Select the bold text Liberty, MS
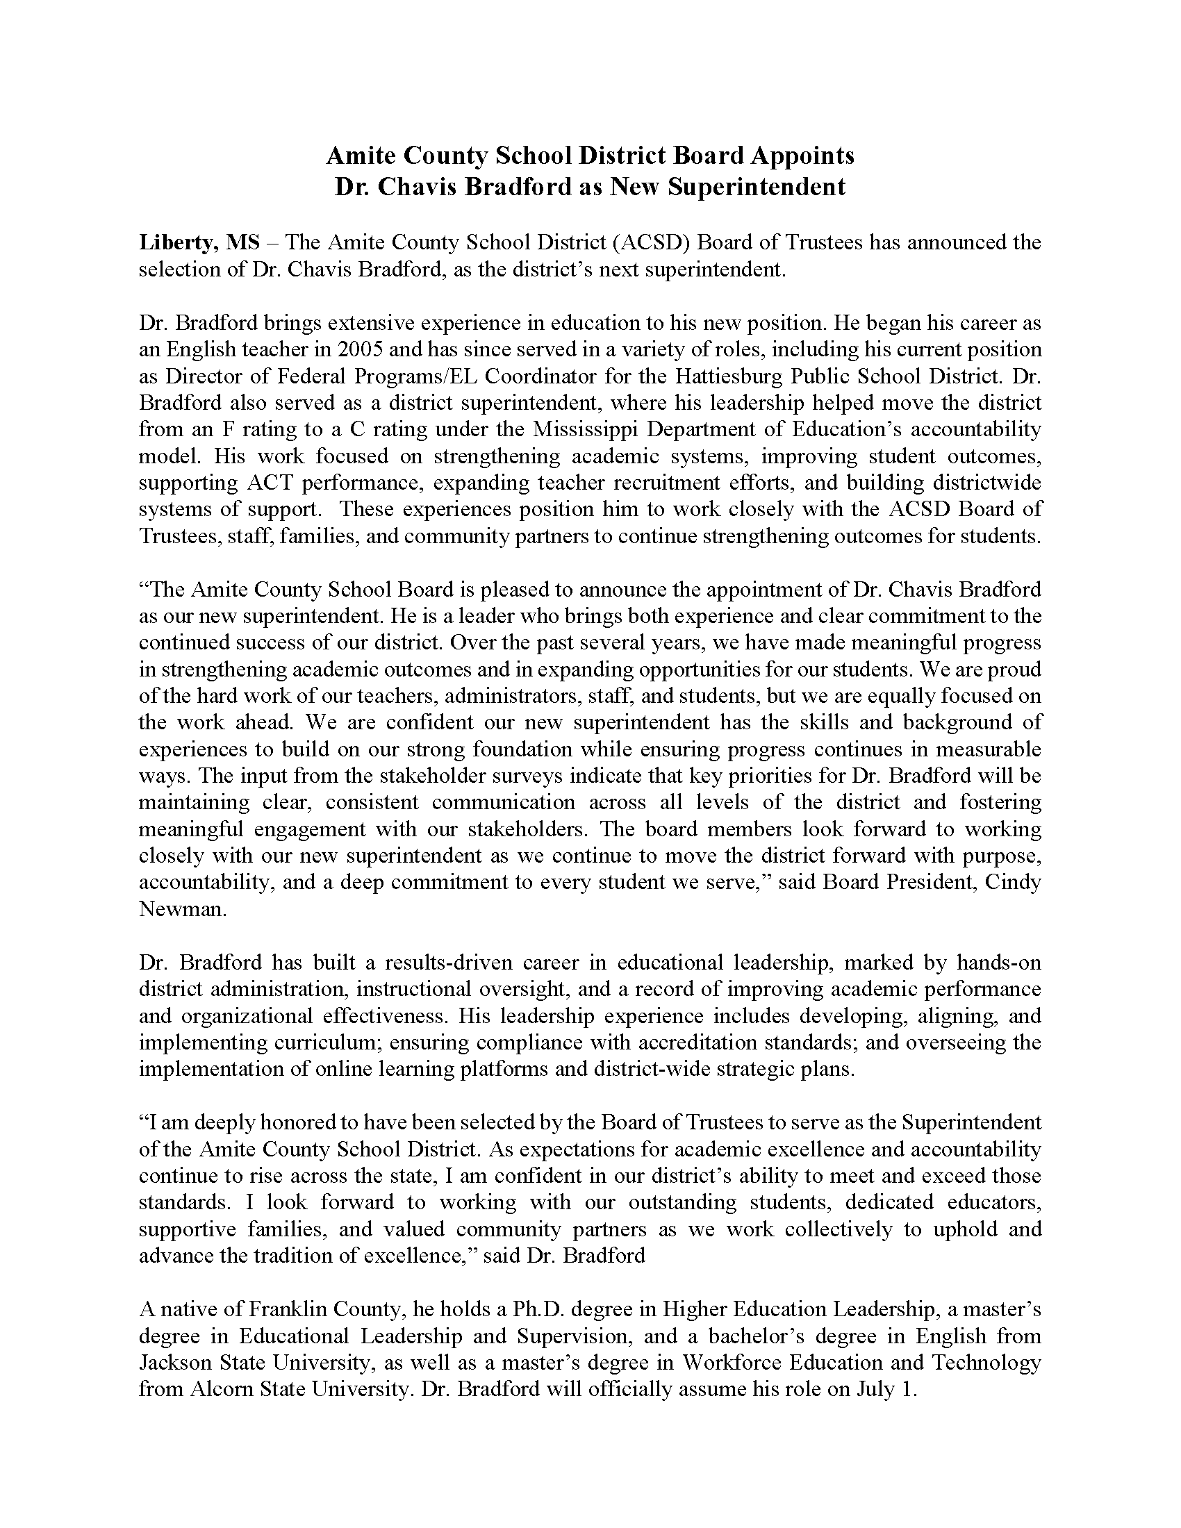tap(199, 243)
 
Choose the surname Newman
tap(182, 909)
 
